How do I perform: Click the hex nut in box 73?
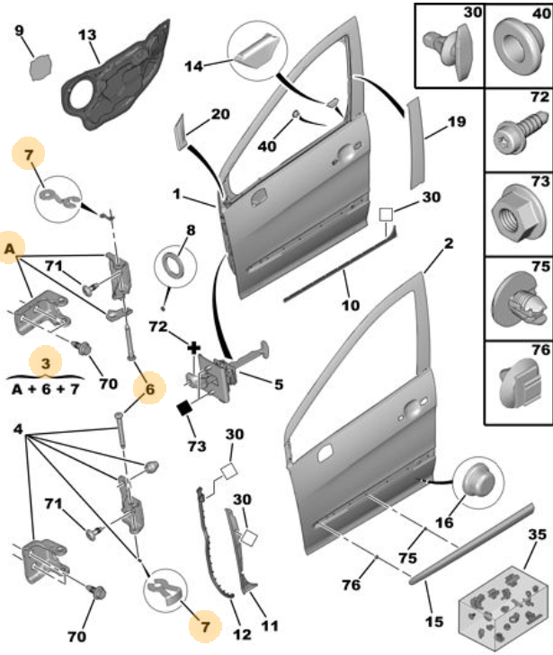(x=515, y=216)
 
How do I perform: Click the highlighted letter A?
(x=10, y=250)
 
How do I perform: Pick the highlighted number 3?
(x=46, y=363)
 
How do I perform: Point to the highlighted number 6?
(x=149, y=389)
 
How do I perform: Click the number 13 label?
(x=87, y=35)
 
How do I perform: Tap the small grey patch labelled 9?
(x=41, y=66)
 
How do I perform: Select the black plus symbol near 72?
(x=193, y=348)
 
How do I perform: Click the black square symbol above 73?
(x=183, y=408)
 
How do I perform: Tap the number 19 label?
(x=456, y=121)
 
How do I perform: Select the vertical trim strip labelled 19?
(x=416, y=144)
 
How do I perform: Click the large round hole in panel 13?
(x=83, y=95)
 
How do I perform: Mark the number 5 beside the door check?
(x=279, y=385)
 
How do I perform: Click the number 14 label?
(x=193, y=66)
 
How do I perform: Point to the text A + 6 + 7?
(x=45, y=389)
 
